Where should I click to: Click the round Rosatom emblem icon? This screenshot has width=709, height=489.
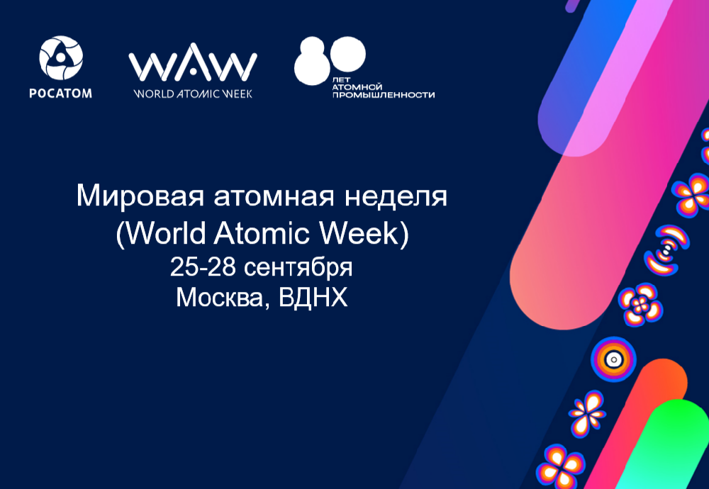click(60, 58)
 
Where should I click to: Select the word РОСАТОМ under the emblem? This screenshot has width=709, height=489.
click(60, 93)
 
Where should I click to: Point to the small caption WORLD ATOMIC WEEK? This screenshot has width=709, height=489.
click(193, 93)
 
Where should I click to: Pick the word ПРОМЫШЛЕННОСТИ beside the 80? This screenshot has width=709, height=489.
click(384, 95)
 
